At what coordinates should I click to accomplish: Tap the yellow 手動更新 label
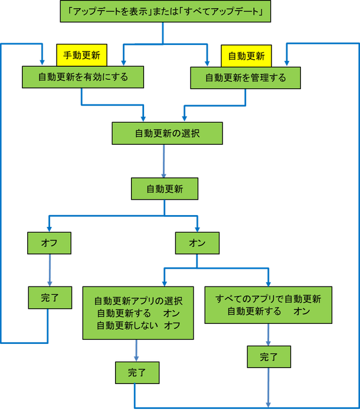81,56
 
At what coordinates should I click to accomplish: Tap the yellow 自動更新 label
246,56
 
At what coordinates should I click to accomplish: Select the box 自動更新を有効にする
83,77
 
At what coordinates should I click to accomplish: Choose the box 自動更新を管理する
245,77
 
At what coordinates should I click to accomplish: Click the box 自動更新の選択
167,134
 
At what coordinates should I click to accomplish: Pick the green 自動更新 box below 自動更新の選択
164,189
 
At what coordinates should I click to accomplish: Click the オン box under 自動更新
197,242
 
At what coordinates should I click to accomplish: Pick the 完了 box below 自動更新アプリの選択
136,373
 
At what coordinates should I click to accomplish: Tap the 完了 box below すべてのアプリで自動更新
269,357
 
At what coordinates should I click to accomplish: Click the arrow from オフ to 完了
49,269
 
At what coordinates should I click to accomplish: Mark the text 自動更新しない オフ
138,326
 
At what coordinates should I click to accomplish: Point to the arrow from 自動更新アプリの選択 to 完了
137,351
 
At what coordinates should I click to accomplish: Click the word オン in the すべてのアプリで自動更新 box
302,311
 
